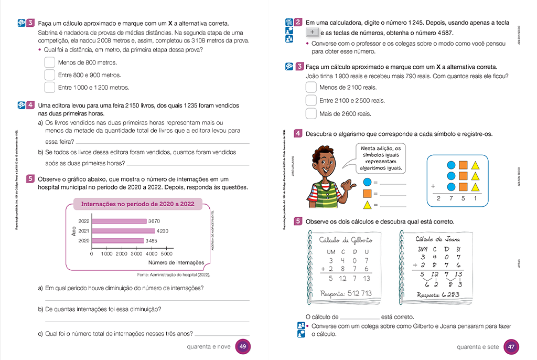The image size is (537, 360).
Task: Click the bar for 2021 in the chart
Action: click(123, 231)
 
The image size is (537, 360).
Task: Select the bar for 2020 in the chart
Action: click(117, 241)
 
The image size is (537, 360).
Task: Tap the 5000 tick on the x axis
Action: click(166, 254)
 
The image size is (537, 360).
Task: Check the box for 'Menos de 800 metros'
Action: click(49, 62)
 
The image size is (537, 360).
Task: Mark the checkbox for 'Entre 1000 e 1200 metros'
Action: click(49, 87)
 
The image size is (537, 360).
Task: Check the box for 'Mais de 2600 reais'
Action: click(311, 113)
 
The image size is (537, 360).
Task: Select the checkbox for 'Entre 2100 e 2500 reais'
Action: click(311, 100)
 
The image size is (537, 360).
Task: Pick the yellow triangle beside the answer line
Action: click(368, 205)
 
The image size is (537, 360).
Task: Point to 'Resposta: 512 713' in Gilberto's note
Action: click(346, 293)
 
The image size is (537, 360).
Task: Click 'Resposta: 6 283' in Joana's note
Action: click(438, 294)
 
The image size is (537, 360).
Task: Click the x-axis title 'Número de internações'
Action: click(176, 262)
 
